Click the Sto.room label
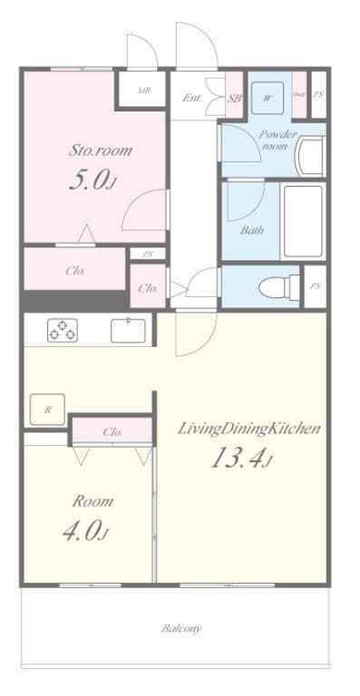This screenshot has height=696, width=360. pyautogui.click(x=100, y=150)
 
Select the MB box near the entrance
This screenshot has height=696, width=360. pyautogui.click(x=143, y=92)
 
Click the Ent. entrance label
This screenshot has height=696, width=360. pyautogui.click(x=192, y=97)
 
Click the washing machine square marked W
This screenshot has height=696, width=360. pyautogui.click(x=268, y=97)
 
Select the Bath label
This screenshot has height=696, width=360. pyautogui.click(x=252, y=229)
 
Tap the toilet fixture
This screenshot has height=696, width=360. pyautogui.click(x=275, y=287)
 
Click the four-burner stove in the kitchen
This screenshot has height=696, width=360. pyautogui.click(x=63, y=330)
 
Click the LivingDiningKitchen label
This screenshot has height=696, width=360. pyautogui.click(x=248, y=428)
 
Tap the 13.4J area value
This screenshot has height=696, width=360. pyautogui.click(x=240, y=459)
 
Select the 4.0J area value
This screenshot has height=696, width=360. pyautogui.click(x=84, y=531)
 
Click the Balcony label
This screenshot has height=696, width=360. pyautogui.click(x=181, y=627)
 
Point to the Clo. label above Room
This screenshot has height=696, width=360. pyautogui.click(x=112, y=432)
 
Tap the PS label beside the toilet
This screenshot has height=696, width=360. pyautogui.click(x=315, y=286)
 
